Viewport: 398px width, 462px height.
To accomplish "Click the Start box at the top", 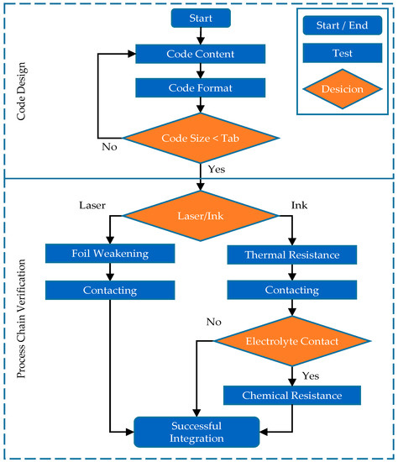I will (200, 18).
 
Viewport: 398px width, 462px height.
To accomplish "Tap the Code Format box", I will (200, 87).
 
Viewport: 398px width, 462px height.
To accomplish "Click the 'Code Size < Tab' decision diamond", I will (200, 138).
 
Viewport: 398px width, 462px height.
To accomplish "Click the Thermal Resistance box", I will (291, 253).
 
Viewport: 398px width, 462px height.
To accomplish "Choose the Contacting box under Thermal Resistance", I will (291, 289).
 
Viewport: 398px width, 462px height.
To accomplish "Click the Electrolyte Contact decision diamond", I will (291, 342).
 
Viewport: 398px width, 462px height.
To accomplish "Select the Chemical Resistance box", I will (291, 395).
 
